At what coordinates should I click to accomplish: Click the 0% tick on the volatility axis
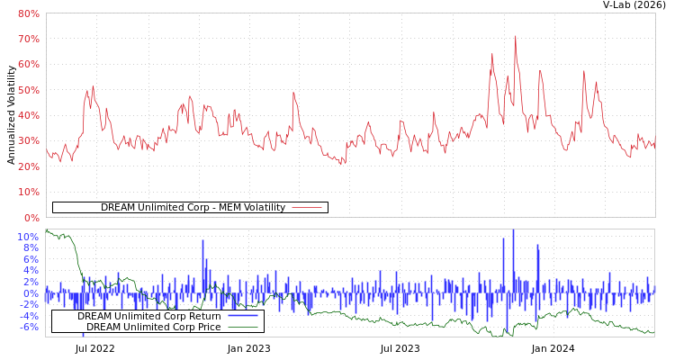31,218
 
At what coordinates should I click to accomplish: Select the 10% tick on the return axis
28,237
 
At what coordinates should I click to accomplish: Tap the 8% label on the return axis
31,248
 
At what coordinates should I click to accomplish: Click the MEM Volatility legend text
193,208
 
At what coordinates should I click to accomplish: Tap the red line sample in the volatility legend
307,208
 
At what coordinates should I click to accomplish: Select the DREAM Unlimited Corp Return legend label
148,317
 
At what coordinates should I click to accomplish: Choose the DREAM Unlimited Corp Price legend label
153,327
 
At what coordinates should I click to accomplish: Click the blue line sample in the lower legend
242,317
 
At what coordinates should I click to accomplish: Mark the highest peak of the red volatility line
515,36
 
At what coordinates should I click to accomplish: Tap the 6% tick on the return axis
31,259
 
